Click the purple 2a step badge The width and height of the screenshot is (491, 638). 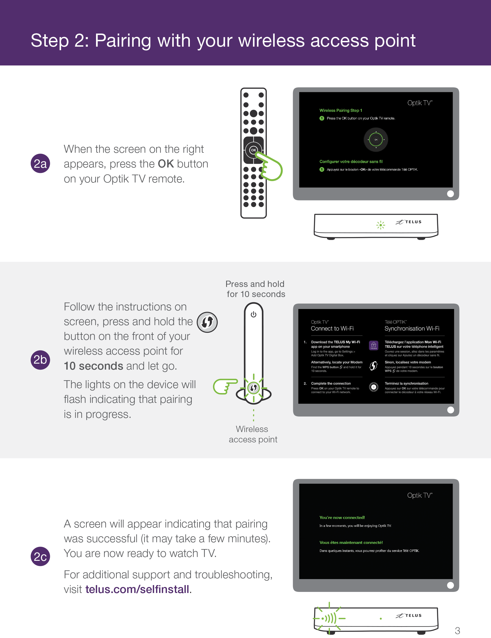pos(40,163)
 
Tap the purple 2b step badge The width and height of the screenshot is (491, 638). pos(40,360)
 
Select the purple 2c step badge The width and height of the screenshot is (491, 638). pos(40,556)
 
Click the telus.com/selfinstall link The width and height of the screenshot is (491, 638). pos(137,589)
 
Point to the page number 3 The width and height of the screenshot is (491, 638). pos(457,631)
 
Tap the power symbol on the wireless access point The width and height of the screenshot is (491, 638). pos(253,314)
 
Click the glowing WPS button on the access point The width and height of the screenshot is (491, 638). pos(253,388)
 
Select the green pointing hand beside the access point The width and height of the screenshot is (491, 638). pos(226,387)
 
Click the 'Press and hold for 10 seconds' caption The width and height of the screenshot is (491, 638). pos(256,289)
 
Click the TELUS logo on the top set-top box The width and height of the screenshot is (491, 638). pos(409,222)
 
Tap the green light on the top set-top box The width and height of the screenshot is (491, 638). pos(381,225)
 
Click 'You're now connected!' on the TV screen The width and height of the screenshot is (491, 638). pos(342,517)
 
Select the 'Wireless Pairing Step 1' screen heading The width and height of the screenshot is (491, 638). pos(341,110)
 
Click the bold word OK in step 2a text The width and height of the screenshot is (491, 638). pos(166,164)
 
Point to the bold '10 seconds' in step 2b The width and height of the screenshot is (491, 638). pos(94,366)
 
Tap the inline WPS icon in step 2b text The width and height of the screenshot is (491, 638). pos(207,322)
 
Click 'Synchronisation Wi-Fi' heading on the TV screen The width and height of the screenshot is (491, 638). pos(412,329)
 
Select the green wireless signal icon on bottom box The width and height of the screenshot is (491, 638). pos(329,618)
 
